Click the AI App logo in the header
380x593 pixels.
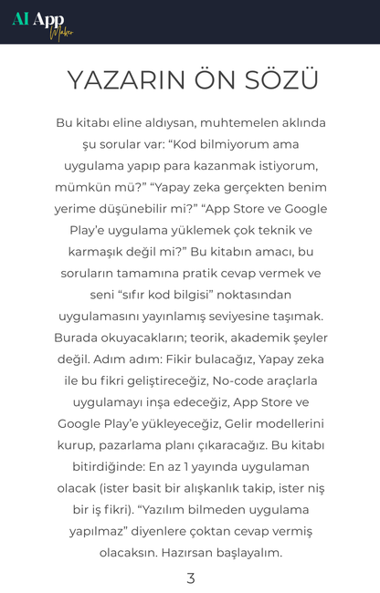click(41, 22)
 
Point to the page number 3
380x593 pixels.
click(190, 577)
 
